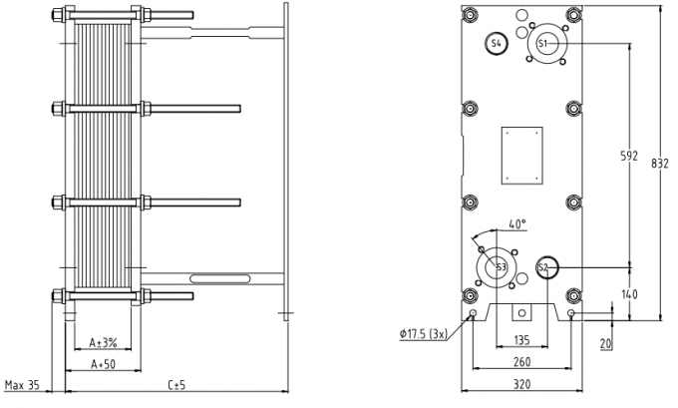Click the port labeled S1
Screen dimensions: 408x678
[543, 44]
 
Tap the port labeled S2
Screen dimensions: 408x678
[544, 267]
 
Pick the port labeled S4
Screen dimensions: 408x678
[497, 43]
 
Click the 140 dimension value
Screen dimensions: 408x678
[628, 294]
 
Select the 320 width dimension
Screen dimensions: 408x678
[522, 381]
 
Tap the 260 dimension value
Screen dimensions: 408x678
[522, 362]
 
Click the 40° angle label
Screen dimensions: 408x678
[516, 223]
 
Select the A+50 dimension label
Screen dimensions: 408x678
[103, 363]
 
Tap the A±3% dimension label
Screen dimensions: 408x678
[103, 342]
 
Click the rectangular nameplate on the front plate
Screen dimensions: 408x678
[521, 155]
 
